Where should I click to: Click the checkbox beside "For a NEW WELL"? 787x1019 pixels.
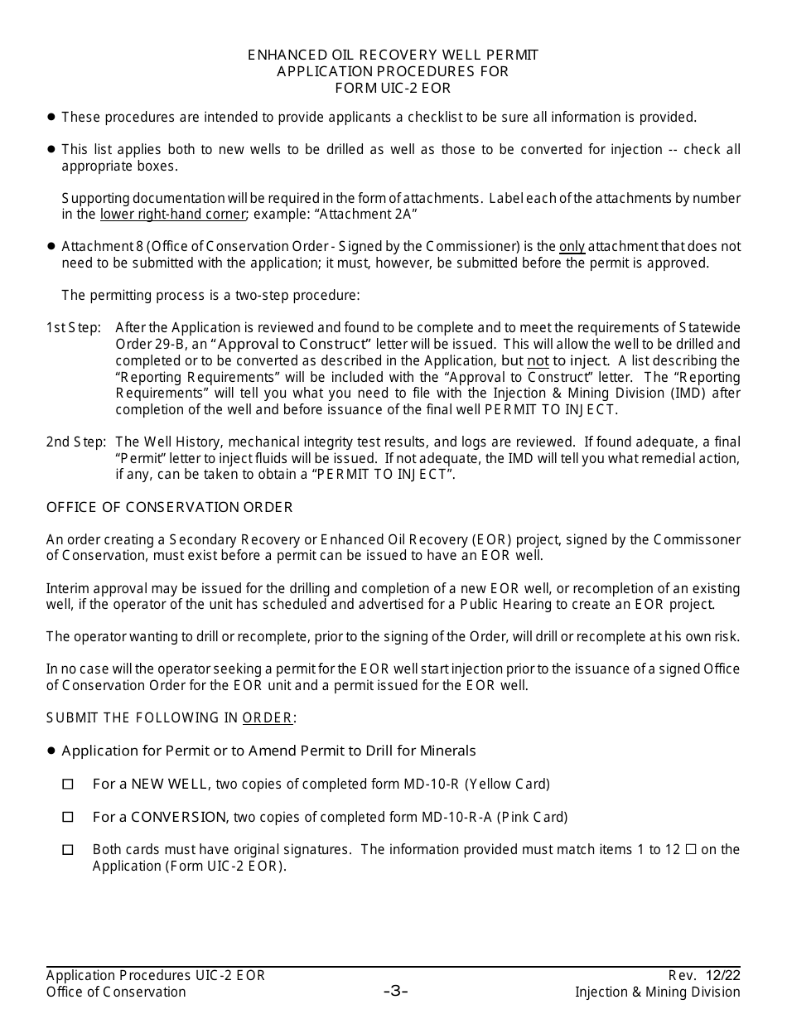[x=68, y=784]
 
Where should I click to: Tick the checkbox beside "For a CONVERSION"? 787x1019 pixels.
[x=68, y=817]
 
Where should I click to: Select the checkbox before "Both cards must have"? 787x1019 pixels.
[x=68, y=850]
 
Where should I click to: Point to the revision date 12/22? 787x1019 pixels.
[x=725, y=975]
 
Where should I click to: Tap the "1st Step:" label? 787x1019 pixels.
[x=73, y=328]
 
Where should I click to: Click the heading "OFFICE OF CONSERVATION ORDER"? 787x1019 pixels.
[x=169, y=507]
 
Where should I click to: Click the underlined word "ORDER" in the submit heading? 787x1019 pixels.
[x=267, y=718]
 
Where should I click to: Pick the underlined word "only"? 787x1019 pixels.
[x=572, y=247]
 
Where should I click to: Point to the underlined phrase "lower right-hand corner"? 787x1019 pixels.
[x=173, y=215]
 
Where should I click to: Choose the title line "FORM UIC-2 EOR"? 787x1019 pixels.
[x=393, y=88]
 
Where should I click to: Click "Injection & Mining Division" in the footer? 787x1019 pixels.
[x=658, y=992]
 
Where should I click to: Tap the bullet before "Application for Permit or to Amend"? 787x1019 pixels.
[x=51, y=751]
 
